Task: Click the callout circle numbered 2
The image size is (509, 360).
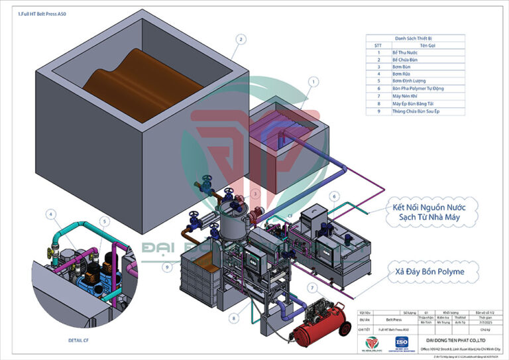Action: click(241, 39)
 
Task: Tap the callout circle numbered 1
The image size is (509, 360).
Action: click(312, 82)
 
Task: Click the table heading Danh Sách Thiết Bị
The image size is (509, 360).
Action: click(415, 38)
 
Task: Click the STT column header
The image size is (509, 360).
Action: click(378, 45)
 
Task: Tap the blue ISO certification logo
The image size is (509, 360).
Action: click(401, 342)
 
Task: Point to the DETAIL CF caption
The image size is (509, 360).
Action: click(78, 340)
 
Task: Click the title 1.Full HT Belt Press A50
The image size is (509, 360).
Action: click(41, 14)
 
